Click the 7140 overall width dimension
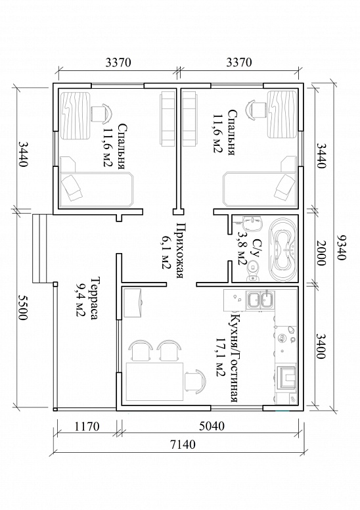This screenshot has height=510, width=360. point(183,444)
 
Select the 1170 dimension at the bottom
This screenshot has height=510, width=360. point(87,426)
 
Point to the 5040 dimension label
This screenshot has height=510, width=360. point(212,425)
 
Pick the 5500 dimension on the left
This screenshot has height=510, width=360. point(22,308)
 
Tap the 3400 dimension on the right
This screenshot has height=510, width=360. point(321,346)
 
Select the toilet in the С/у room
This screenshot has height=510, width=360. point(254,271)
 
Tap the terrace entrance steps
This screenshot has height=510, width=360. point(39,249)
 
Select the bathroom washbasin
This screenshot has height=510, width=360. point(252,224)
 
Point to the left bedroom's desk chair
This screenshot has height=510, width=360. point(101,113)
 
